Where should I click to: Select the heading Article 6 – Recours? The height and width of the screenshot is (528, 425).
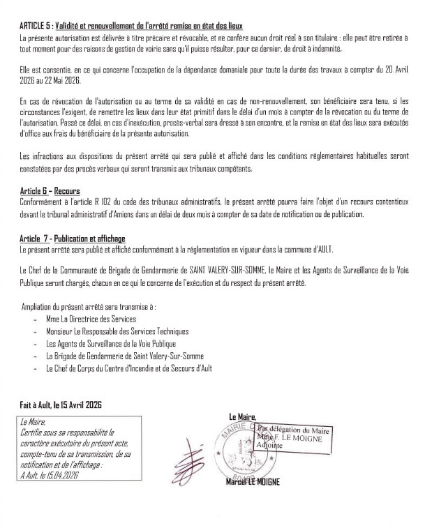(x=50, y=190)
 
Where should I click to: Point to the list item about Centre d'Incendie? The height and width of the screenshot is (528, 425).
(x=128, y=368)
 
